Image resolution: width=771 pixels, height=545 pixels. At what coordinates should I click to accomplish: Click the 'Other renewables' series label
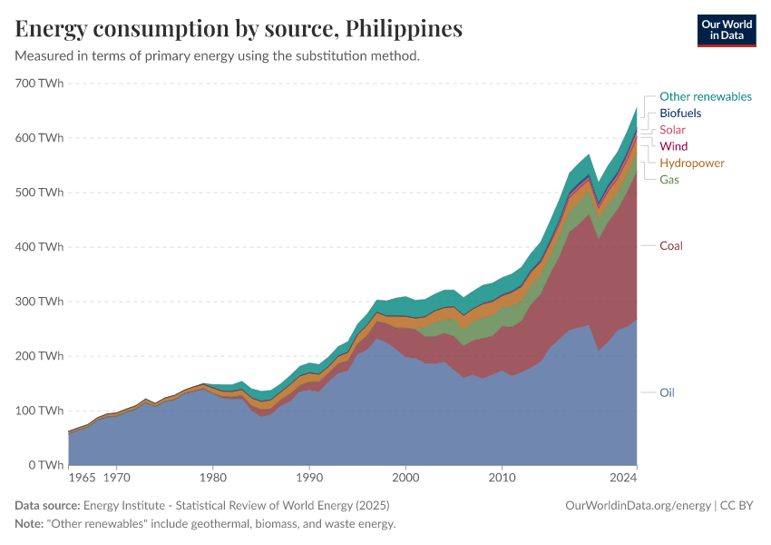[x=705, y=96]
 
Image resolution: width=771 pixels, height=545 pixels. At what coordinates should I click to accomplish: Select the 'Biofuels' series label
[x=680, y=114]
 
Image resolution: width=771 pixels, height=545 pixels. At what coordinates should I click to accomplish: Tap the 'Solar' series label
[x=672, y=130]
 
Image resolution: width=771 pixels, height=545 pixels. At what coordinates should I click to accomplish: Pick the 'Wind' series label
[x=673, y=146]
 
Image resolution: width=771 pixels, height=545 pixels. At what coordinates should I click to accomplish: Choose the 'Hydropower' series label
[x=691, y=163]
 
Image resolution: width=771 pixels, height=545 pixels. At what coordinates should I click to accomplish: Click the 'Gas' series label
[x=669, y=180]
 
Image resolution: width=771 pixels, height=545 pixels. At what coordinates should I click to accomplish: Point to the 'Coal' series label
[x=670, y=246]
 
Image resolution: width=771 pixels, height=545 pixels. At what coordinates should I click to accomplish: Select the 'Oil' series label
[x=667, y=393]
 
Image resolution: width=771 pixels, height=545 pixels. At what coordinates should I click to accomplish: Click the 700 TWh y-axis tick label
[x=38, y=84]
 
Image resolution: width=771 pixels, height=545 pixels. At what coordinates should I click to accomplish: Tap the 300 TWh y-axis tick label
[x=38, y=302]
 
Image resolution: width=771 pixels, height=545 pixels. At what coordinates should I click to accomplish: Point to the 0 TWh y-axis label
[x=44, y=465]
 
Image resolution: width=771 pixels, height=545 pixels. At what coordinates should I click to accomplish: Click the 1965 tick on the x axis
[x=82, y=476]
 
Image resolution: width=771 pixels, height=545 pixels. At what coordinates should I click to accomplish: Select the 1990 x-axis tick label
[x=309, y=476]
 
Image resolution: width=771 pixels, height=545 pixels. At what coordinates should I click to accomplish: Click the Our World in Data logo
[x=726, y=30]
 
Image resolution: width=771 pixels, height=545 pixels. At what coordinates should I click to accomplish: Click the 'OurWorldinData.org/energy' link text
[x=638, y=505]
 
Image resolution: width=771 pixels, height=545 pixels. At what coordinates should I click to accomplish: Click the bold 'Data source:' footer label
[x=47, y=505]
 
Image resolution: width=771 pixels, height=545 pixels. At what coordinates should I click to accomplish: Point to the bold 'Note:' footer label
[x=31, y=524]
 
